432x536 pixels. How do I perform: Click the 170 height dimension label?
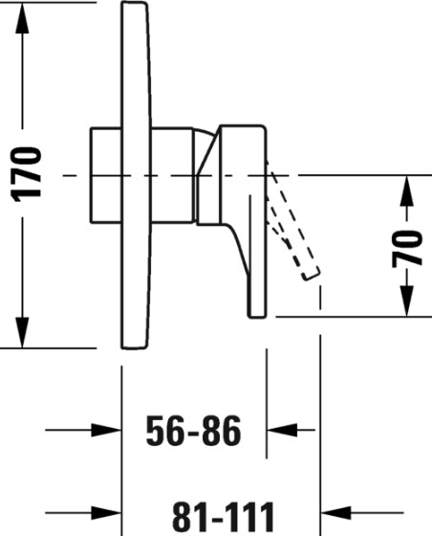pyautogui.click(x=26, y=174)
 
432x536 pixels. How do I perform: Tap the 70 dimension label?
pyautogui.click(x=407, y=249)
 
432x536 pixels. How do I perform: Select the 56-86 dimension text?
pyautogui.click(x=193, y=431)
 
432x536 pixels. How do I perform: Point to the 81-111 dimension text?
pyautogui.click(x=224, y=516)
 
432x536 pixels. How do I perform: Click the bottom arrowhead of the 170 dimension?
pyautogui.click(x=22, y=332)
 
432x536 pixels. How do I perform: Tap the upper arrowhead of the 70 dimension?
pyautogui.click(x=407, y=190)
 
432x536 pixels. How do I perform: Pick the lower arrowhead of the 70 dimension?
pyautogui.click(x=407, y=301)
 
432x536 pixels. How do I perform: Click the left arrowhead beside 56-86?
pyautogui.click(x=106, y=430)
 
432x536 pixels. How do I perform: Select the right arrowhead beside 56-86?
pyautogui.click(x=282, y=430)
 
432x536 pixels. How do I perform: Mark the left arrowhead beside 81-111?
pyautogui.click(x=106, y=513)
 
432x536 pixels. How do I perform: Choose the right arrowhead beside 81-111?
pyautogui.click(x=335, y=513)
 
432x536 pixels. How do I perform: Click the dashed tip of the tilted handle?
pyautogui.click(x=311, y=274)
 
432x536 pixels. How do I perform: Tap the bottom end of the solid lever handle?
pyautogui.click(x=257, y=317)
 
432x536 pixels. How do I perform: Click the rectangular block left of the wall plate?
pyautogui.click(x=106, y=175)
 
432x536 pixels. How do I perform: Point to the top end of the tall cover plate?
pyautogui.click(x=134, y=3)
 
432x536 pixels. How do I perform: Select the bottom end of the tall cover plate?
pyautogui.click(x=134, y=347)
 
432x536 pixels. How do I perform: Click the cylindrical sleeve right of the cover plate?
pyautogui.click(x=172, y=175)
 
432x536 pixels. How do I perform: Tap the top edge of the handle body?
pyautogui.click(x=243, y=125)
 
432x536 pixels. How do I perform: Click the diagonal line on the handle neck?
pyautogui.click(x=207, y=154)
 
